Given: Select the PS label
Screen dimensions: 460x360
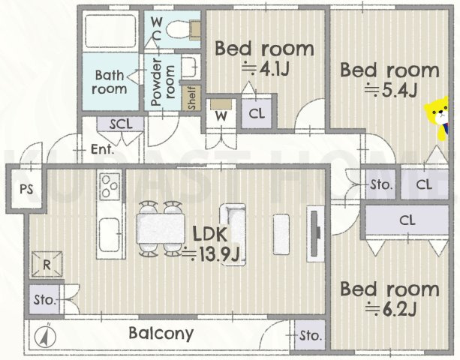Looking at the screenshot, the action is [26, 190].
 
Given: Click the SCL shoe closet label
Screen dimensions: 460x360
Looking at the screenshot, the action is [121, 124].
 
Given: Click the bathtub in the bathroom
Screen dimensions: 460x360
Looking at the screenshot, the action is [110, 31].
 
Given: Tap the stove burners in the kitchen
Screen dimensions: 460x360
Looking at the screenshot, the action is [110, 187].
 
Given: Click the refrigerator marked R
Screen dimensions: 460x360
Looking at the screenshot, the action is [47, 265].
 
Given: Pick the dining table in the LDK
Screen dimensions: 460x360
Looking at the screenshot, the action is [161, 228].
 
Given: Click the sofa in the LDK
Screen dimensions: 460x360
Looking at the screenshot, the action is [233, 235].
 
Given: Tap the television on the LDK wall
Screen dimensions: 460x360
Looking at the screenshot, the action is [315, 233].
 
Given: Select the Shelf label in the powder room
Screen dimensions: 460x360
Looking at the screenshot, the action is [191, 98].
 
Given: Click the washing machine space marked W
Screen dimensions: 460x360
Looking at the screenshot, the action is [221, 113].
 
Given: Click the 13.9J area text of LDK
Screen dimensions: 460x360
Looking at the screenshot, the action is [211, 254].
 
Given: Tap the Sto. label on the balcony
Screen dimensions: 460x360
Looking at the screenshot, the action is [311, 335].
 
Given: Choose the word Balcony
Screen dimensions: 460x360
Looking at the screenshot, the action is [161, 334].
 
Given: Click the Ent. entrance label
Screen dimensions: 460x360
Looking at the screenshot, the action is [102, 149].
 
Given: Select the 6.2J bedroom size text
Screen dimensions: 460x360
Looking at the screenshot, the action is [391, 309].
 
